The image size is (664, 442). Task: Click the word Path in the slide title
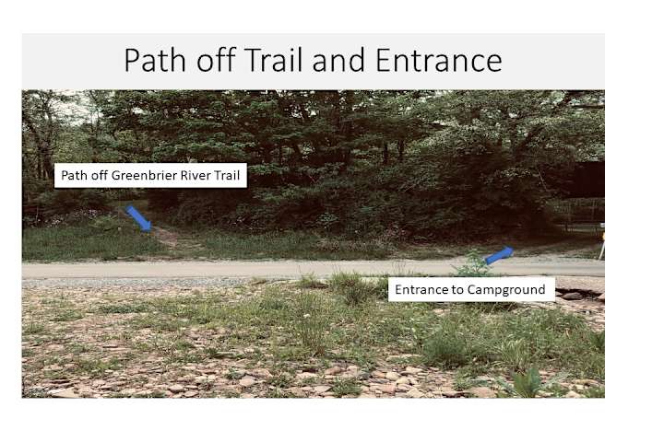[155, 60]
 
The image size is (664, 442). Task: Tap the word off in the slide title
[216, 59]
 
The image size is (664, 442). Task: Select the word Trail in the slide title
[273, 59]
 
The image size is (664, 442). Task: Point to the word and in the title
[338, 60]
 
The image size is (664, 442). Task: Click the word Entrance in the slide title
[439, 60]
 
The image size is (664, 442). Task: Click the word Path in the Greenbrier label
[74, 175]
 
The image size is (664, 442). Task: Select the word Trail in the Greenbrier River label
[225, 175]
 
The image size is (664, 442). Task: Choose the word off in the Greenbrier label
[100, 175]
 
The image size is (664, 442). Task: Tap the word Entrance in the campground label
[421, 290]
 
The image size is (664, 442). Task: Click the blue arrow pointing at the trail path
[139, 218]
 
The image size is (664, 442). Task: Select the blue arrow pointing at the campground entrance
[499, 255]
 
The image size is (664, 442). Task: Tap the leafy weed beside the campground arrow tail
[472, 264]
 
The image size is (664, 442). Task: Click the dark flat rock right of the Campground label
[573, 296]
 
